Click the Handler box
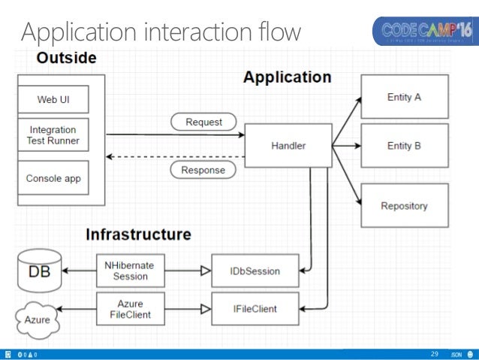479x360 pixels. pos(288,145)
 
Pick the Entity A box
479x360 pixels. pos(404,97)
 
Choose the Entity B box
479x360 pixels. pos(404,145)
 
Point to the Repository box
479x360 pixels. pos(404,205)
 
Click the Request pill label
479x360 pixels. pos(203,121)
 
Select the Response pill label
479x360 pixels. pos(203,170)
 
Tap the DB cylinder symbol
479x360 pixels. pos(40,270)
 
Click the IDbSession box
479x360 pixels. pos(256,271)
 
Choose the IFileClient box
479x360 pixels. pos(256,308)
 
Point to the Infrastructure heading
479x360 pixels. pos(138,234)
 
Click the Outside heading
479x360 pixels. pos(67,58)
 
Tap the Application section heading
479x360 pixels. pos(287,77)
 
